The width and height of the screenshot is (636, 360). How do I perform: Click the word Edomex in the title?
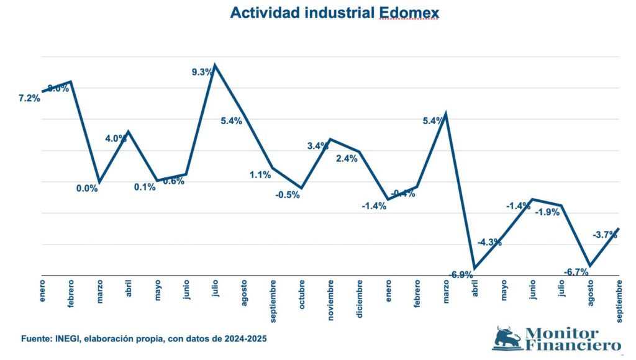(409, 13)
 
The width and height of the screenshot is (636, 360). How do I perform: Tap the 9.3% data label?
(202, 72)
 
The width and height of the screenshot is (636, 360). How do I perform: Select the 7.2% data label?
(29, 98)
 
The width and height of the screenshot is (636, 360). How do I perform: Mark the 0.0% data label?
(87, 189)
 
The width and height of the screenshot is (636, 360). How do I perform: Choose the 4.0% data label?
(116, 138)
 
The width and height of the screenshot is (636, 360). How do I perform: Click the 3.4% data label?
(318, 146)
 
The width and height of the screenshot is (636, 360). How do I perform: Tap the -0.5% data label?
(288, 194)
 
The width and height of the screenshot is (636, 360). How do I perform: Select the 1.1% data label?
(260, 175)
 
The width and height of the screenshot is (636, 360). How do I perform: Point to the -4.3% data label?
(489, 242)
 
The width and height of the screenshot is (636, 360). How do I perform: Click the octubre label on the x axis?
(301, 297)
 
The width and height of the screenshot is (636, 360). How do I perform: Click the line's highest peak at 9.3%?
(215, 65)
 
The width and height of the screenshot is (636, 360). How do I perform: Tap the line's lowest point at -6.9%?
(475, 268)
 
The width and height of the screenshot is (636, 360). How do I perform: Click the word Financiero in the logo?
(572, 345)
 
